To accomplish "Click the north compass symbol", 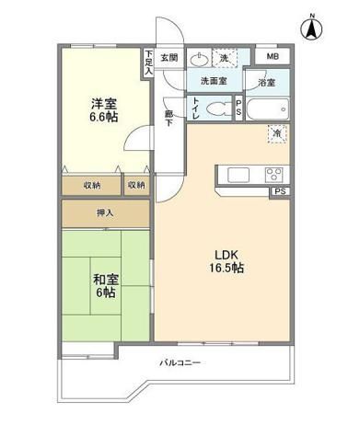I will pyautogui.click(x=312, y=28).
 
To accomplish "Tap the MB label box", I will pyautogui.click(x=272, y=57).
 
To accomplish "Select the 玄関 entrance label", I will pyautogui.click(x=168, y=57).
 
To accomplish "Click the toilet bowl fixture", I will pyautogui.click(x=217, y=109).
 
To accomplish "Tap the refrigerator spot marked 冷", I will pyautogui.click(x=276, y=134).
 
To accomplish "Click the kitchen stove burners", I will pyautogui.click(x=273, y=175).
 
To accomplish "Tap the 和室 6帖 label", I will pyautogui.click(x=103, y=285).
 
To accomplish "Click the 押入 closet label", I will pyautogui.click(x=106, y=212).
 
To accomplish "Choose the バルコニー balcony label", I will pyautogui.click(x=181, y=362).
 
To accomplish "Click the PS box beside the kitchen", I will pyautogui.click(x=278, y=192).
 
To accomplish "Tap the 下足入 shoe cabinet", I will pyautogui.click(x=148, y=62).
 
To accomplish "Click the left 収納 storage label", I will pyautogui.click(x=92, y=185).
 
